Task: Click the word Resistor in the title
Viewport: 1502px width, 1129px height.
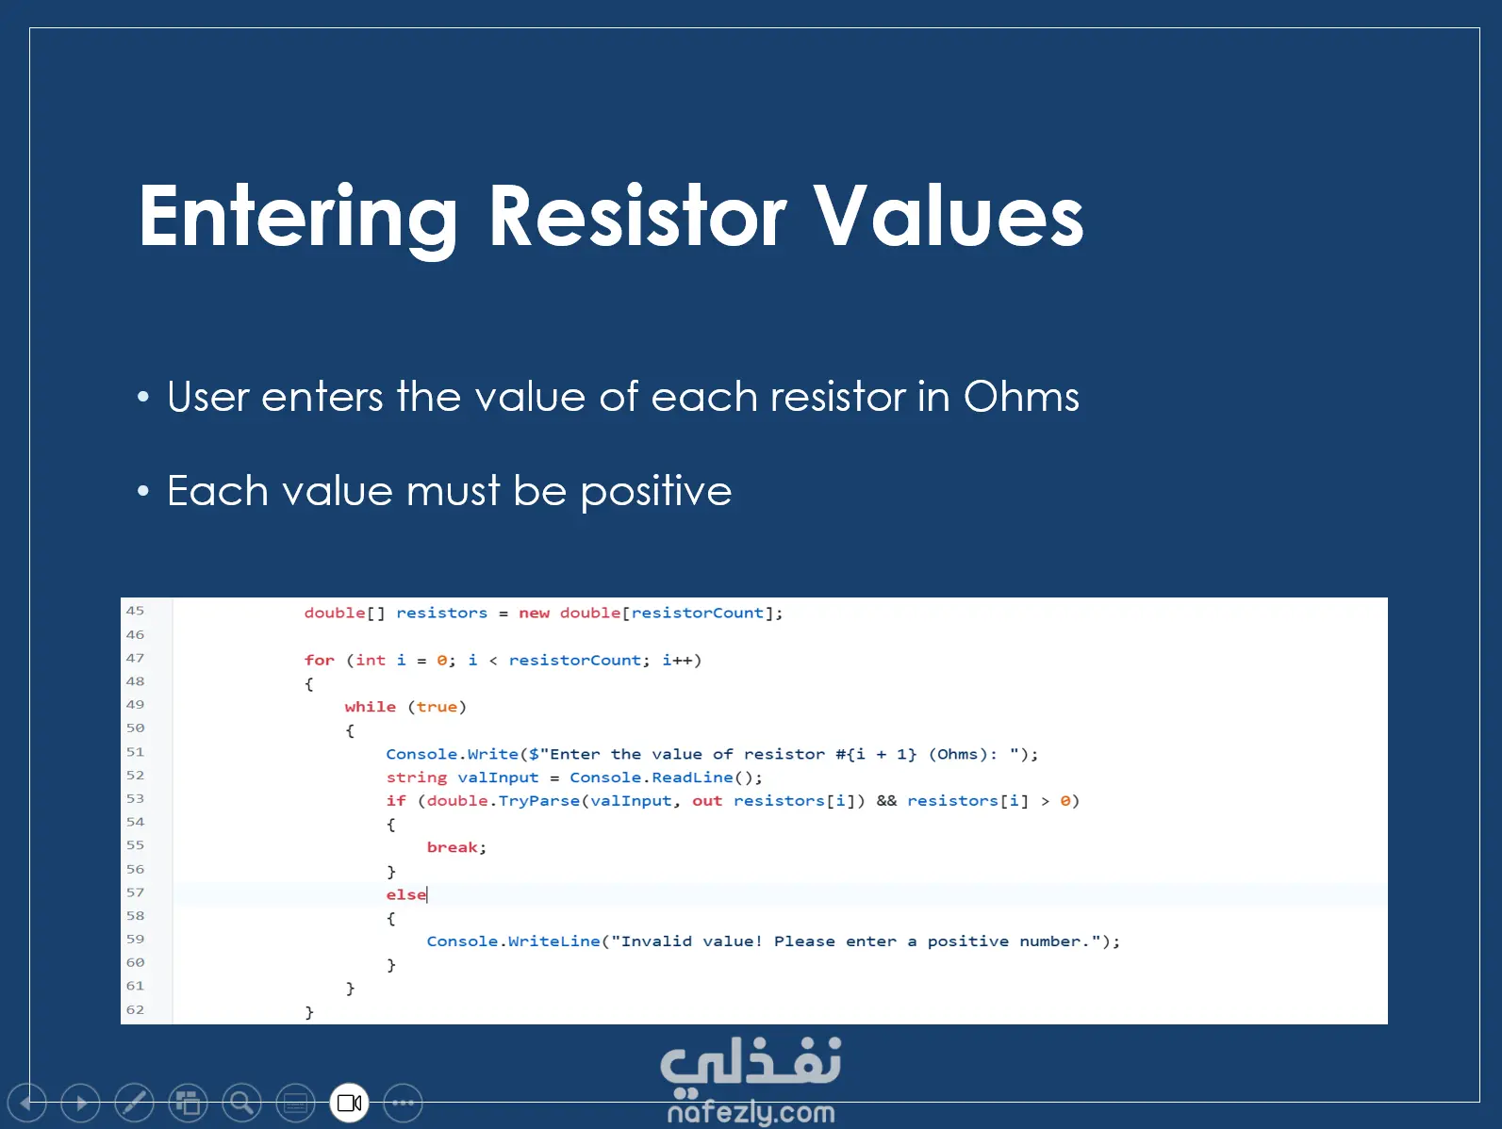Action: click(637, 216)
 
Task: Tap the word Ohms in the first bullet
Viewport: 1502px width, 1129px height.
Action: click(1021, 396)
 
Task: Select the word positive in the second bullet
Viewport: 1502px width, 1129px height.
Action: click(656, 492)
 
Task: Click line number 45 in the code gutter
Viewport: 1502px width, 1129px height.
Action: click(135, 611)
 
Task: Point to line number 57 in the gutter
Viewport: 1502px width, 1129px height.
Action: click(135, 892)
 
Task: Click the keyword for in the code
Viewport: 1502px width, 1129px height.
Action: click(320, 660)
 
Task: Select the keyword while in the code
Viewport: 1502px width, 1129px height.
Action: click(371, 707)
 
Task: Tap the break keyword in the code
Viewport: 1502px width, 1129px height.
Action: click(452, 847)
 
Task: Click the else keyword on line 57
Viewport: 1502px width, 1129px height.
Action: click(405, 894)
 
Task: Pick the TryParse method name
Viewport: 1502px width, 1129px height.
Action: click(538, 801)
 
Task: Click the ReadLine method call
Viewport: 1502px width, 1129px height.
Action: click(692, 777)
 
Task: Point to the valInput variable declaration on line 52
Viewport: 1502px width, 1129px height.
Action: click(498, 777)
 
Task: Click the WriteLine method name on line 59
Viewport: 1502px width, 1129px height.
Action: click(553, 941)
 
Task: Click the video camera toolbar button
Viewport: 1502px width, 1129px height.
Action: click(349, 1103)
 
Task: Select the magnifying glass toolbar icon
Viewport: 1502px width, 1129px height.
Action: click(241, 1103)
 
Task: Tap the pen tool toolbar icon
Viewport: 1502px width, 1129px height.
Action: click(134, 1103)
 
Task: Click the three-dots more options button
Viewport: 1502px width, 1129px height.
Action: click(403, 1103)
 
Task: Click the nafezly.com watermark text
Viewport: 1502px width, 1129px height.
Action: click(751, 1113)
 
